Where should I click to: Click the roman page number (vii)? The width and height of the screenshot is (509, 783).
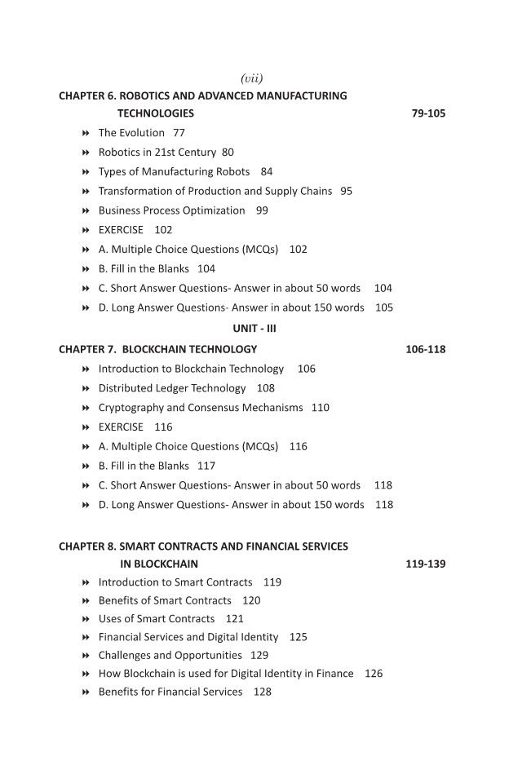[251, 78]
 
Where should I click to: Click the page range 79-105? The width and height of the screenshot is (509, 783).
[428, 113]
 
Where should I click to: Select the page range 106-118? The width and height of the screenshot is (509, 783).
[425, 349]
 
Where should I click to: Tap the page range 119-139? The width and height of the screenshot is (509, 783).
[425, 564]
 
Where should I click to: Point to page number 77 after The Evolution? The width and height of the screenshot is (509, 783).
[179, 132]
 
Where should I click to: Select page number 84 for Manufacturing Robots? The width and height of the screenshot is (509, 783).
[267, 171]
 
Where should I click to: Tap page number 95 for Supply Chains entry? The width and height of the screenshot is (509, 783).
[346, 191]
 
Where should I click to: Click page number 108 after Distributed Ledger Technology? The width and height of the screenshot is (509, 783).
[265, 388]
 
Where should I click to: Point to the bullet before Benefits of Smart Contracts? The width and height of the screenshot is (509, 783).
[86, 600]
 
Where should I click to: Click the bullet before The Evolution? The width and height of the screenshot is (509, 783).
[86, 133]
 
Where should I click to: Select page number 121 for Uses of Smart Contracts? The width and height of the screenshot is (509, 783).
[234, 618]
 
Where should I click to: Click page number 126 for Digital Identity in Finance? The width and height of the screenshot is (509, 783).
[374, 674]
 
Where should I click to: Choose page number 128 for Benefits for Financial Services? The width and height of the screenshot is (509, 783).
[262, 692]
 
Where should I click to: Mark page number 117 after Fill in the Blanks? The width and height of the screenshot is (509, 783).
[206, 466]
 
